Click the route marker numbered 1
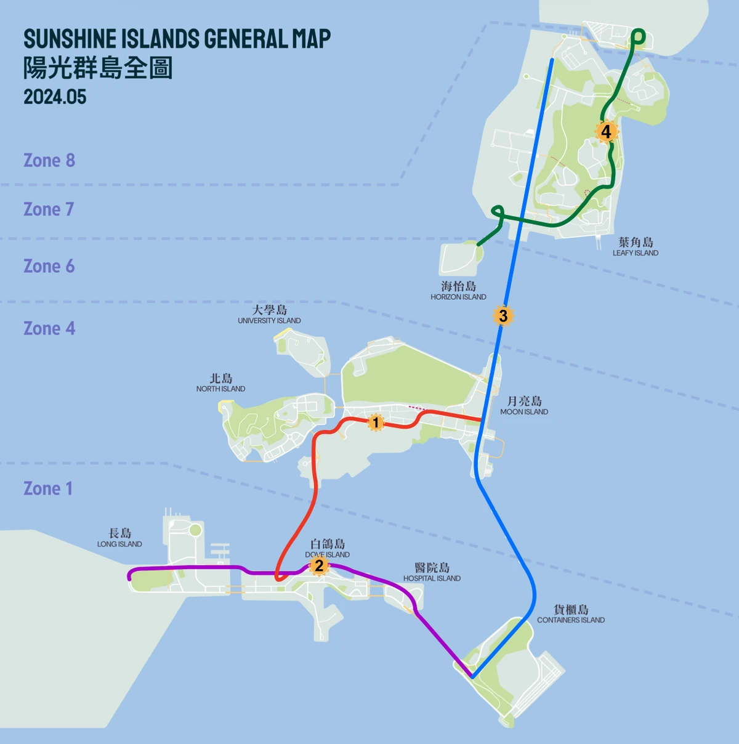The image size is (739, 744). pos(376,423)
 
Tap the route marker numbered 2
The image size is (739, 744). pos(318,565)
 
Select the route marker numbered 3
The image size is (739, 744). pos(503,316)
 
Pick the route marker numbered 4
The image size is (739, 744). pos(606,131)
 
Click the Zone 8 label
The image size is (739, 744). pos(49,160)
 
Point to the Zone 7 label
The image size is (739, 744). pos(49,209)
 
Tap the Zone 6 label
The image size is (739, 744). pos(49,266)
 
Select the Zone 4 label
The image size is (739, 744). pos(49,328)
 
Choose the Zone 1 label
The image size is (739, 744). pos(48,488)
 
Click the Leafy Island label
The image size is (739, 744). pos(636,247)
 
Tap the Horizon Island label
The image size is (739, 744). pos(458,291)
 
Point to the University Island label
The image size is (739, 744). pos(269,315)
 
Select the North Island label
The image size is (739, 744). pos(220,383)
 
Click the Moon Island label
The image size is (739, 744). pos(524,406)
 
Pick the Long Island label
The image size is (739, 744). pos(119,538)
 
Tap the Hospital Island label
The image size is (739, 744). pos(432,572)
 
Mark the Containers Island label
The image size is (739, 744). pos(571,614)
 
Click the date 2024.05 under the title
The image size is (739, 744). pos(55,97)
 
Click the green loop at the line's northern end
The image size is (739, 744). pos(638,38)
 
